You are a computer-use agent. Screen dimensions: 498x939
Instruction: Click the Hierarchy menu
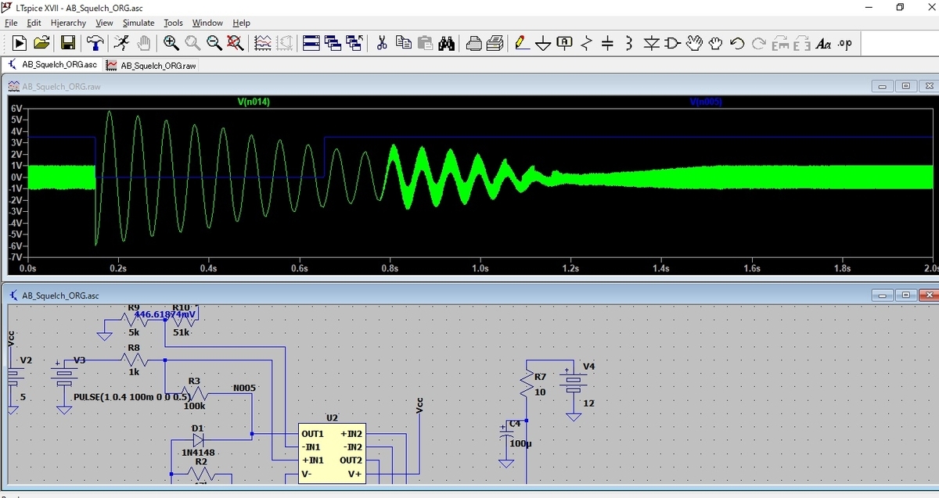coord(68,23)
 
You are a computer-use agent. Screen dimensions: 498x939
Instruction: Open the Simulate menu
coord(139,23)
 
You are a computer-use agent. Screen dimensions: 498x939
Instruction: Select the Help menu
coord(242,23)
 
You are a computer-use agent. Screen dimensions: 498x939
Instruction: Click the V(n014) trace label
coord(254,102)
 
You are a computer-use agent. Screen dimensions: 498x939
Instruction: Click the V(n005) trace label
coord(706,102)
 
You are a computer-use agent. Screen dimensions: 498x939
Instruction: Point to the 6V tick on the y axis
coord(16,109)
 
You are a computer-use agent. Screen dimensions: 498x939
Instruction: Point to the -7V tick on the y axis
coord(16,257)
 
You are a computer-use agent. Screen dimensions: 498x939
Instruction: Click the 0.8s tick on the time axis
coord(389,268)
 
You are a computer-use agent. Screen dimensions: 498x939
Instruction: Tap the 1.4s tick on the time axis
coord(660,268)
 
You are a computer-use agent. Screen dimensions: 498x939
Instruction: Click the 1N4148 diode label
coord(198,452)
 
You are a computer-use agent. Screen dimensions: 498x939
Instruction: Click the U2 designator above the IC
coord(332,418)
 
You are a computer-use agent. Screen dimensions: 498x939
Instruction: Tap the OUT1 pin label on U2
coord(312,433)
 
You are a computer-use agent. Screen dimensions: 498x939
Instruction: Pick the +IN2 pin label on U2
coord(351,433)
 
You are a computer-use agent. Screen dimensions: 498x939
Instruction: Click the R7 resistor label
coord(540,377)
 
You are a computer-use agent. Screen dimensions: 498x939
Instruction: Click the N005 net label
coord(244,388)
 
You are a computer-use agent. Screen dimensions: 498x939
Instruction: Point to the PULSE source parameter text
coord(129,396)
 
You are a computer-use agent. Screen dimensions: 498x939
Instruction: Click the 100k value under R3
coord(195,406)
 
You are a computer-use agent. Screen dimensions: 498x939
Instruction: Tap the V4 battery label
coord(589,366)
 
